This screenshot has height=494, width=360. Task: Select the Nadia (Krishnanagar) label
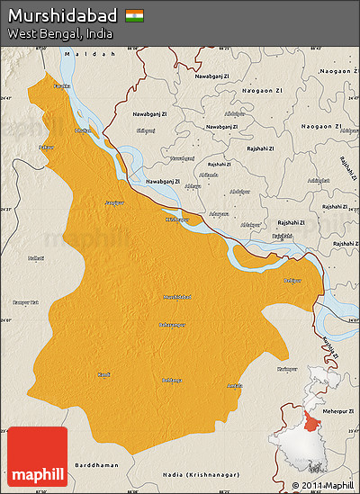pyautogui.click(x=194, y=472)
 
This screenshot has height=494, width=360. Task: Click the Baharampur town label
pyautogui.click(x=173, y=324)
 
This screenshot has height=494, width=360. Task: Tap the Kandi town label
pyautogui.click(x=104, y=374)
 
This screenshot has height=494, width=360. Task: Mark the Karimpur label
pyautogui.click(x=262, y=369)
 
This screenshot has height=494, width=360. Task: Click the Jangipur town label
pyautogui.click(x=114, y=202)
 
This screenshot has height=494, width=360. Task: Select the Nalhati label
pyautogui.click(x=36, y=257)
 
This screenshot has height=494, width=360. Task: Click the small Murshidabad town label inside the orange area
pyautogui.click(x=176, y=296)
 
